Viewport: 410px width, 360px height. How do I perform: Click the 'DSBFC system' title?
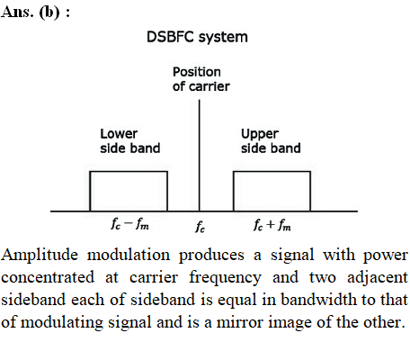(197, 38)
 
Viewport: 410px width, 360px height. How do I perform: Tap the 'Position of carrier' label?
(201, 79)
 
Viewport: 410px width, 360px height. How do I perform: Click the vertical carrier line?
(200, 156)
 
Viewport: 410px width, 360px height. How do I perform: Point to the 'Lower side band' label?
(130, 141)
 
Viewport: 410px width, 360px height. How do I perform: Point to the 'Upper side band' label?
(271, 141)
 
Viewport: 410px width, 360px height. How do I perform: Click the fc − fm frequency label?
(129, 224)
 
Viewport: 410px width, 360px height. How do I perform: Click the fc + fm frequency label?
(272, 224)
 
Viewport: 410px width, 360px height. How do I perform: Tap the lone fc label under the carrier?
(201, 227)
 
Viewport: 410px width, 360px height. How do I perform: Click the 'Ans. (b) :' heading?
(35, 13)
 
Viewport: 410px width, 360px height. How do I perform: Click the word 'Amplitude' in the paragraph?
(40, 256)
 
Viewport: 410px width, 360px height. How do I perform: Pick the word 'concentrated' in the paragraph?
(48, 278)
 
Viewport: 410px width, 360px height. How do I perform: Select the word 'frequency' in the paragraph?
(225, 278)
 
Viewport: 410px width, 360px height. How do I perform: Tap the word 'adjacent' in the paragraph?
(378, 278)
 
